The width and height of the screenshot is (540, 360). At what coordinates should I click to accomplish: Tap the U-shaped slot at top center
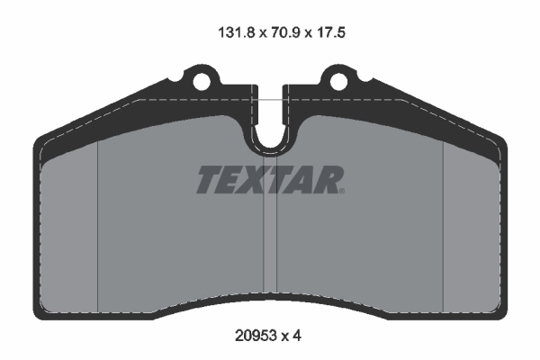pyautogui.click(x=270, y=135)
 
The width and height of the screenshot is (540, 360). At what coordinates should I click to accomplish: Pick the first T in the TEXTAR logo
pyautogui.click(x=209, y=180)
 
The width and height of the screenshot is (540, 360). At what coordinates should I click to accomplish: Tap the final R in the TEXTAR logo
pyautogui.click(x=326, y=180)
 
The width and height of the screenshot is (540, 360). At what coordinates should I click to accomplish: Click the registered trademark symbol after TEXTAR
pyautogui.click(x=341, y=190)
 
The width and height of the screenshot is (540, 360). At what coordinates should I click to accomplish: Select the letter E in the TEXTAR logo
pyautogui.click(x=229, y=180)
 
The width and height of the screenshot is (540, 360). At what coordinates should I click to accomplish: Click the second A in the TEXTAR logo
pyautogui.click(x=303, y=180)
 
